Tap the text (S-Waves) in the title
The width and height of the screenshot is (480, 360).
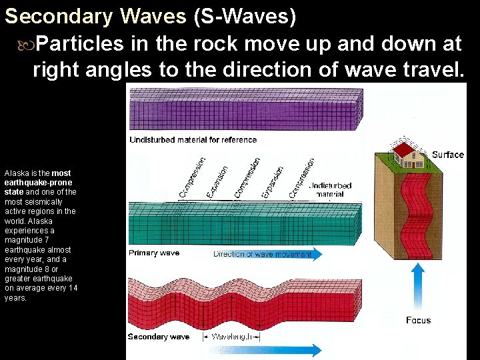point(244,16)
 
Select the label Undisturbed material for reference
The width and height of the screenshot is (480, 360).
point(193,140)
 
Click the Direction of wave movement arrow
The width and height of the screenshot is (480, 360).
point(267,254)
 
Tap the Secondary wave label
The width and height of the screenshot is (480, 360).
point(159,337)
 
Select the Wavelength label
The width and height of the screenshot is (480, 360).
point(234,337)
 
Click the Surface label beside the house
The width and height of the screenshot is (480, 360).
point(447,155)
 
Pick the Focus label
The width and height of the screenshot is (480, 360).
point(418,320)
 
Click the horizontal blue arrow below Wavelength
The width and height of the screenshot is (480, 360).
point(267,350)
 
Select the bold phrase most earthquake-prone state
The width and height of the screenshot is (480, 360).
point(38,182)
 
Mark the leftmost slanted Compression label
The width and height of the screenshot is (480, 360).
point(191,177)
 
